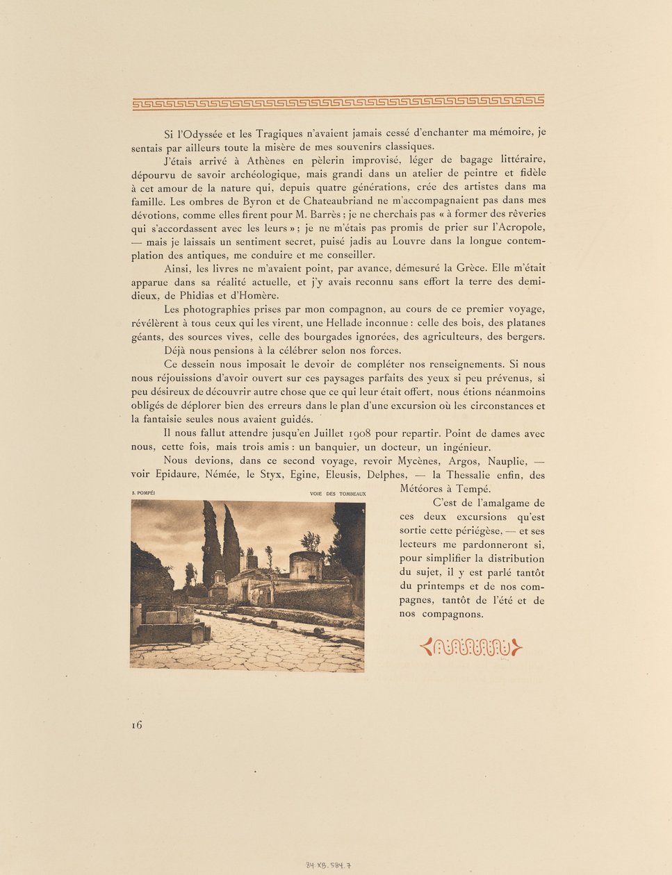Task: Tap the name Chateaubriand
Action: [x=335, y=201]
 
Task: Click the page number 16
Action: [x=136, y=725]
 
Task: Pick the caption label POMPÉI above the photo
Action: [x=147, y=494]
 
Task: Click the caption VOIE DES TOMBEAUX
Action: [x=338, y=494]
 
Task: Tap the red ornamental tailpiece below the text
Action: [x=471, y=648]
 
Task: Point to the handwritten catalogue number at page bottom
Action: [x=329, y=865]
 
